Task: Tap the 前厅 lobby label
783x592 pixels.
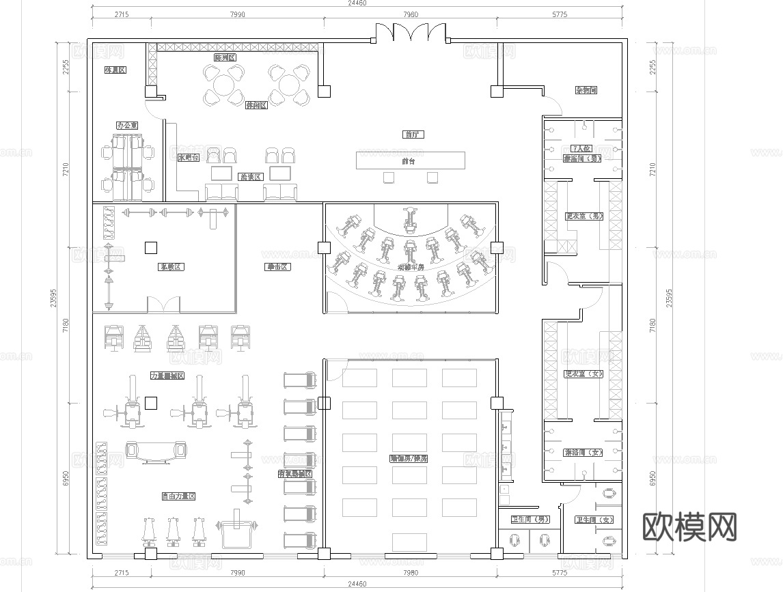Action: (x=413, y=135)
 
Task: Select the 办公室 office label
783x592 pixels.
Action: (x=127, y=126)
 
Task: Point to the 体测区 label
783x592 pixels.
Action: (x=114, y=70)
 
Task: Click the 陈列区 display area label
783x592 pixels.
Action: (x=225, y=58)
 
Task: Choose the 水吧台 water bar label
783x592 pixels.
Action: (x=188, y=157)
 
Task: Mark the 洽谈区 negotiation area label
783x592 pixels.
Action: (x=251, y=177)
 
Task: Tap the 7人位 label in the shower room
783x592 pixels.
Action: (x=581, y=148)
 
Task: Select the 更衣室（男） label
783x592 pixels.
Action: (x=583, y=216)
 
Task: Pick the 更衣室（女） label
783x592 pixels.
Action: (x=583, y=373)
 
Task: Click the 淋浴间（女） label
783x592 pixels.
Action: (x=583, y=452)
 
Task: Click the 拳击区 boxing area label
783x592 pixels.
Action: (x=278, y=267)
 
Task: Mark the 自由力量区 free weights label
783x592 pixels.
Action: (x=178, y=496)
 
